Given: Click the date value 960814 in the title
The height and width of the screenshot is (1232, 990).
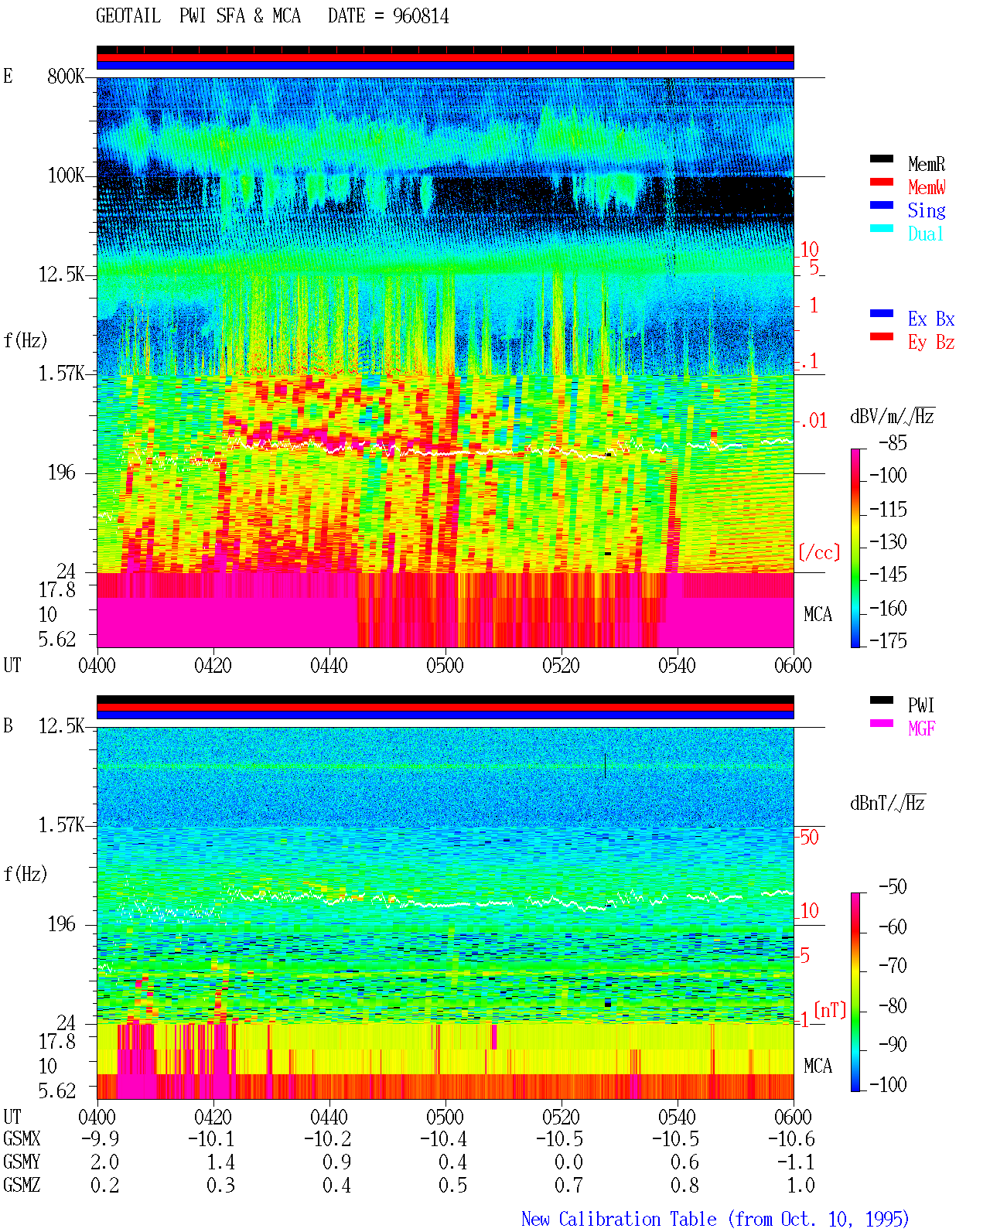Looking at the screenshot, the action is tap(420, 16).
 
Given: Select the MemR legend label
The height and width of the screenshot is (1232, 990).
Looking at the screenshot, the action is tap(926, 164).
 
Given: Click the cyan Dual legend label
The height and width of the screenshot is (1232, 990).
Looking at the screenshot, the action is tap(925, 234).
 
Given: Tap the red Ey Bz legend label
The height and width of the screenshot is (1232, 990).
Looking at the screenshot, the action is tap(930, 342).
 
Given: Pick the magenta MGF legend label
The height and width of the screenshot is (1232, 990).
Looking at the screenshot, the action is tap(921, 729).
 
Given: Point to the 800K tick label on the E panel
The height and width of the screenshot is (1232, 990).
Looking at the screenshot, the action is tap(66, 76).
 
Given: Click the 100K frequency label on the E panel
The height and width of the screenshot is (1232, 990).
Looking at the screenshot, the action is tap(66, 176).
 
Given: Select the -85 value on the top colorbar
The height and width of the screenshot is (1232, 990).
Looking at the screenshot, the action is tap(893, 442).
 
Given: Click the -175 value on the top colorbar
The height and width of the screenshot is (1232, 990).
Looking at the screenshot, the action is tap(888, 640).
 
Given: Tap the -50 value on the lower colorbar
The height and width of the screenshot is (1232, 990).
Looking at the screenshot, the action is tap(893, 887).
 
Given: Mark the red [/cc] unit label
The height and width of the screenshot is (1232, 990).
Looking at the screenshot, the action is tap(819, 552).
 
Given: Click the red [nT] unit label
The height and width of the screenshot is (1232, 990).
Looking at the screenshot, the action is tap(830, 1009).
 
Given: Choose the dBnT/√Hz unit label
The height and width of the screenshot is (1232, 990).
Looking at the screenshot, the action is tap(887, 803).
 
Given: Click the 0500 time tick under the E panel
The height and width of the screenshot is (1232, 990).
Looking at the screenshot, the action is tap(445, 665).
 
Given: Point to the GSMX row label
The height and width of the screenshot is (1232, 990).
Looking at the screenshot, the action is tap(22, 1138).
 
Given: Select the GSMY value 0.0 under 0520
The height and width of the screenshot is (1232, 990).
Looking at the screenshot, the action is tap(568, 1162).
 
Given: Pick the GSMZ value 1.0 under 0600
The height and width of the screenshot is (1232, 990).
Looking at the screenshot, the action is tap(801, 1185).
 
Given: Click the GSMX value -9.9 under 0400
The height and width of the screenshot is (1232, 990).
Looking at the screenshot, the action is tap(100, 1138).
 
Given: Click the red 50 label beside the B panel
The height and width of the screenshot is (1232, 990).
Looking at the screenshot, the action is tap(809, 837).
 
